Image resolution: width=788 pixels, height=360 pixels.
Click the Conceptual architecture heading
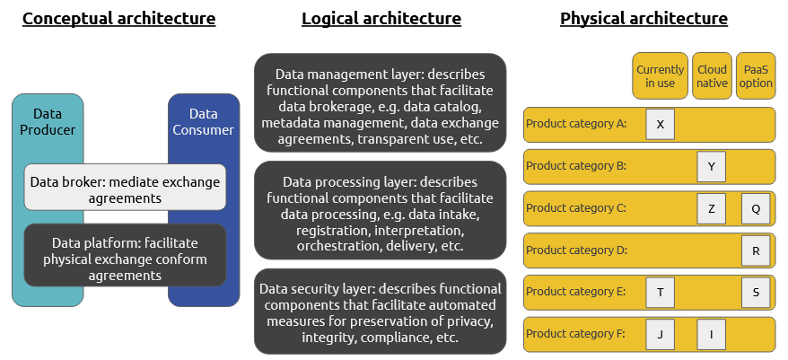(118, 18)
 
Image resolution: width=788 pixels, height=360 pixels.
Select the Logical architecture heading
(381, 18)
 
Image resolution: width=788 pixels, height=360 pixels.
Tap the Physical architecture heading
(644, 18)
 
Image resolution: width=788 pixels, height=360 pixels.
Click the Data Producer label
(48, 122)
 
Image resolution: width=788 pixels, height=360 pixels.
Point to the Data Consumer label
(204, 122)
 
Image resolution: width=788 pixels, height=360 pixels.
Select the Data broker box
(125, 189)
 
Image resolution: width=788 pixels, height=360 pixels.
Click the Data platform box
(125, 259)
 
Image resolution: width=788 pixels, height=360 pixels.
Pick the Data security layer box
(381, 313)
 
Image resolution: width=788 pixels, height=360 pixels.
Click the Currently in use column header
(660, 76)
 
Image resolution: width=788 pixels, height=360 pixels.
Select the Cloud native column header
(712, 76)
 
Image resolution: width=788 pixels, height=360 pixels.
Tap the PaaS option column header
(756, 76)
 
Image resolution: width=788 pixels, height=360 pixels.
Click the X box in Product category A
(660, 125)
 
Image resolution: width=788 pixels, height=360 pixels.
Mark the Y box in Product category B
(711, 167)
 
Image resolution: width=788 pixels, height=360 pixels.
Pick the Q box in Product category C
(756, 209)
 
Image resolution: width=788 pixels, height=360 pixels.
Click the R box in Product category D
(756, 251)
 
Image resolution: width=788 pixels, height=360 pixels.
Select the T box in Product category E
(660, 293)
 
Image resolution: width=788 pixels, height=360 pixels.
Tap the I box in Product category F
(711, 335)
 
